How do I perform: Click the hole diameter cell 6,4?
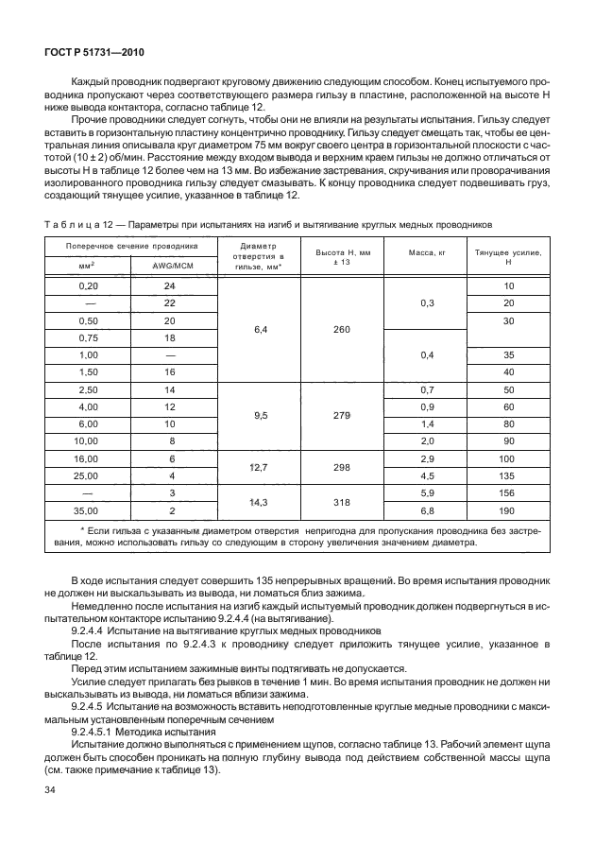(258, 328)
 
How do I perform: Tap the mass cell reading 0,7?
(426, 389)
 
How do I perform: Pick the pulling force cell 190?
(508, 510)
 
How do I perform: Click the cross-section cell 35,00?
(88, 510)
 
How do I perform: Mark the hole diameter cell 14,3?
(258, 502)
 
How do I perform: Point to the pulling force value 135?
(508, 475)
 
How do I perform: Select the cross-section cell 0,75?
(88, 337)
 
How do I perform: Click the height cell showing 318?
(341, 502)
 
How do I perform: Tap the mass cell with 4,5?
(426, 475)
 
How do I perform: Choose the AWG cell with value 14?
(170, 389)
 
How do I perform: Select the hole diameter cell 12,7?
(258, 467)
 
